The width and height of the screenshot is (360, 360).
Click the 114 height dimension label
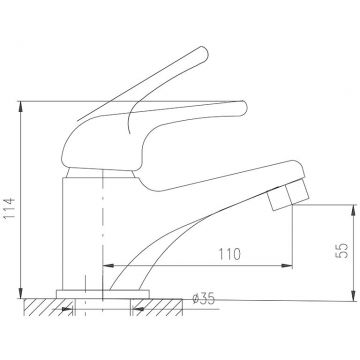(x=10, y=208)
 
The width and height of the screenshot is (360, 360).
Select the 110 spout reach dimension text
(x=229, y=254)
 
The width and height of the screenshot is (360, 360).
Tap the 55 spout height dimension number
(x=342, y=250)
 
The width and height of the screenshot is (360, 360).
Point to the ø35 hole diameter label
(x=204, y=299)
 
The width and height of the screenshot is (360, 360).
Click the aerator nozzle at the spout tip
(x=289, y=195)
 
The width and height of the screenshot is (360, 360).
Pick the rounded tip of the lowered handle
(x=242, y=108)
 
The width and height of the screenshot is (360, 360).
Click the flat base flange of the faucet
(x=103, y=294)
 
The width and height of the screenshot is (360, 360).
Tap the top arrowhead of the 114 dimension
(x=21, y=107)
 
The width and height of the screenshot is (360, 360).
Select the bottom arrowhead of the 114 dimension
(x=21, y=293)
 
